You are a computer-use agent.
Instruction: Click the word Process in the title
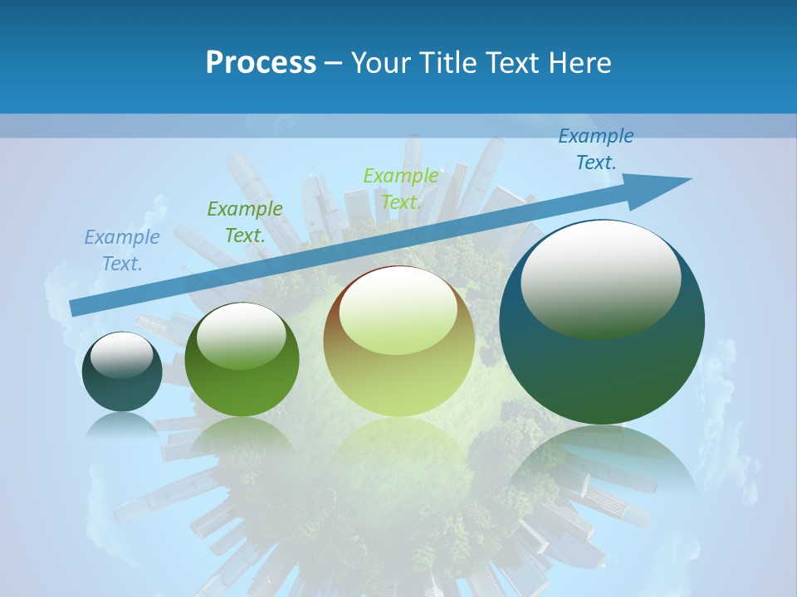click(261, 63)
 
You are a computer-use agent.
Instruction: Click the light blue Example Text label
click(122, 250)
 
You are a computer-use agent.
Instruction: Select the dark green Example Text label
click(245, 221)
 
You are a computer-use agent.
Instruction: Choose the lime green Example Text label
click(401, 188)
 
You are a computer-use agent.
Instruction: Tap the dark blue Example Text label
click(596, 149)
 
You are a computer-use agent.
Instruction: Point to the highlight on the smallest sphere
click(121, 355)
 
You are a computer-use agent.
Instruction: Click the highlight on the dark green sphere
click(242, 335)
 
